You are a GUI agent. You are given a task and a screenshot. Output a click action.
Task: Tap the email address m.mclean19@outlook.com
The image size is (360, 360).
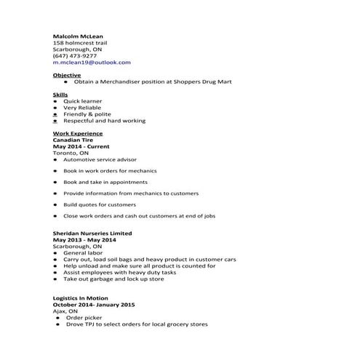click(x=92, y=63)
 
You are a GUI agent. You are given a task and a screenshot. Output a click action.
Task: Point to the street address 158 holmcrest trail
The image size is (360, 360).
click(x=81, y=42)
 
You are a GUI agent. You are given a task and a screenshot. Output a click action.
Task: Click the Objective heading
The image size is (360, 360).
click(x=67, y=76)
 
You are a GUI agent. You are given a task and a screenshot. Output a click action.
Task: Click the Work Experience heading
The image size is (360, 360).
click(x=78, y=134)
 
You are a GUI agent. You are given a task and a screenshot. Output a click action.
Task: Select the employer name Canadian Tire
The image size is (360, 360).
click(x=73, y=140)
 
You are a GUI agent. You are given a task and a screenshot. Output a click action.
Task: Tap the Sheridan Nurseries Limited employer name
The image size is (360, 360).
click(x=92, y=233)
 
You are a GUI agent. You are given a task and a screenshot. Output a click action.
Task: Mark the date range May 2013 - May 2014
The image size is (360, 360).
click(x=84, y=239)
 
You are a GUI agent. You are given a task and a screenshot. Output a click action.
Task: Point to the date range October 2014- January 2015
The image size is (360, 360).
click(x=95, y=305)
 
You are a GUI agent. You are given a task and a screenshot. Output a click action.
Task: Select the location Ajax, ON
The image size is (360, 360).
click(x=65, y=311)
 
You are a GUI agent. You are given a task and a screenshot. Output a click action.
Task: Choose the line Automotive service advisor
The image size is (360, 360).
click(x=99, y=160)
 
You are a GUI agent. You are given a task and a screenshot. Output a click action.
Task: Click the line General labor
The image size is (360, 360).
click(x=82, y=252)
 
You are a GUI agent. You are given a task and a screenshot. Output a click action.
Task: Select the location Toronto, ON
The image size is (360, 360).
click(x=71, y=153)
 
